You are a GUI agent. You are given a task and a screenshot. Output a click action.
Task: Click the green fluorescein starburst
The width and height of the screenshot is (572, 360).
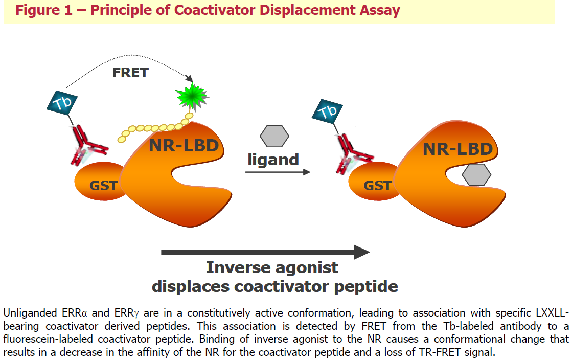tap(192, 96)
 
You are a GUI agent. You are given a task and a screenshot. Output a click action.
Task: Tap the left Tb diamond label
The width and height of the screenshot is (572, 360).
tap(62, 103)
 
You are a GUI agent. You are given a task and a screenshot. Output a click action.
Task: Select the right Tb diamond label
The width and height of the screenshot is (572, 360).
tap(327, 111)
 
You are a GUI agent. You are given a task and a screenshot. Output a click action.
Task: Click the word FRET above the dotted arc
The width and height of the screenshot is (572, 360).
tap(130, 73)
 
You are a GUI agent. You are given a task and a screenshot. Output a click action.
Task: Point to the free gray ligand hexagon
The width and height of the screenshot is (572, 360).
tap(274, 136)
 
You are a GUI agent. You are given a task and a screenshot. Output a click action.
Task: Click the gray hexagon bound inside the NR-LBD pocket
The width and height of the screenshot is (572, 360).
tap(476, 174)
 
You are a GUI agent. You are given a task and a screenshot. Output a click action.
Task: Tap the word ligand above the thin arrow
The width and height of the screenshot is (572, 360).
tap(273, 160)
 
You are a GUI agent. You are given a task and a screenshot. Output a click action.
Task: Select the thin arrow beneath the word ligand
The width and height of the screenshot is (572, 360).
tap(278, 172)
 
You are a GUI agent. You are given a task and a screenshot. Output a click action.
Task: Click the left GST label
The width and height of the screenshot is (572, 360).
tap(103, 186)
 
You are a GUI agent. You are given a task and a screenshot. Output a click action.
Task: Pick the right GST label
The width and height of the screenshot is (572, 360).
tap(377, 186)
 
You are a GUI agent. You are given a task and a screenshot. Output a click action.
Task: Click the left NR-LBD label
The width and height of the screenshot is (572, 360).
tap(184, 145)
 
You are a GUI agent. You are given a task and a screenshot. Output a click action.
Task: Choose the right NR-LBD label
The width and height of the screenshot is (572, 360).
tap(457, 149)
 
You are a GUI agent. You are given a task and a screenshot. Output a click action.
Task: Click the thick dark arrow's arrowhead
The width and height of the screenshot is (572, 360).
tap(361, 252)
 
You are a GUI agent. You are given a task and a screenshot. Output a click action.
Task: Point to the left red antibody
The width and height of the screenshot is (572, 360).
tap(87, 145)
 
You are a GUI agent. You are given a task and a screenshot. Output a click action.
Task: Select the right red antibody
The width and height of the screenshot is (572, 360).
tap(353, 154)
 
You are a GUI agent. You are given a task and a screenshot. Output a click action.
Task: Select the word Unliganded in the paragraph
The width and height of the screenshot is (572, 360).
tap(30, 313)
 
